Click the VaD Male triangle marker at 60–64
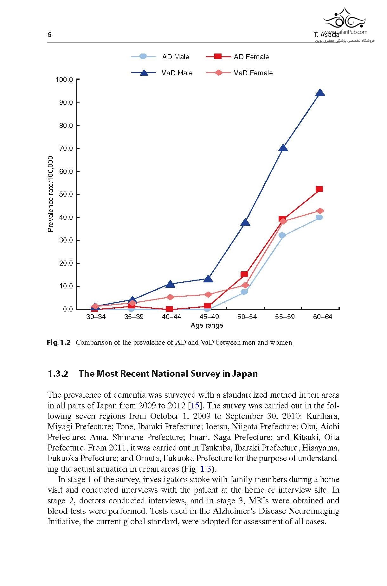[x=320, y=93]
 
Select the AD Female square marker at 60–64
[x=319, y=189]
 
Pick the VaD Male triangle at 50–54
[x=245, y=223]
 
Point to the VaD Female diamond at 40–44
[x=170, y=297]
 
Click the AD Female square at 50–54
[x=244, y=274]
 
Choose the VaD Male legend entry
[x=162, y=73]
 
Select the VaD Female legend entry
[x=239, y=73]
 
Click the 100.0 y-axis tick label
[x=64, y=79]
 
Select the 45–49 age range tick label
[x=209, y=317]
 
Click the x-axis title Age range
[x=207, y=325]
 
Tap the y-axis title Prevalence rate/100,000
[x=50, y=194]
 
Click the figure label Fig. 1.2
[x=59, y=343]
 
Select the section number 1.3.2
[x=58, y=374]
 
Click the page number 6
[x=49, y=35]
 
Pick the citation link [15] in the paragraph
[x=195, y=406]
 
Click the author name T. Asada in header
[x=326, y=35]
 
